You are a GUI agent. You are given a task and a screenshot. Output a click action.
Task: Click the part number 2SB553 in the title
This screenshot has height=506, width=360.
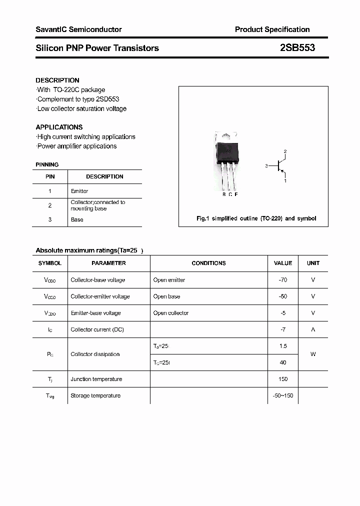pos(297,48)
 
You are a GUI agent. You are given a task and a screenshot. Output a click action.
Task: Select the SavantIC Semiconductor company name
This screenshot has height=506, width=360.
pos(78,29)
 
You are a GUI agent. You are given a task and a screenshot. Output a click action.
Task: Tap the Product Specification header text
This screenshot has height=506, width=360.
pos(272,29)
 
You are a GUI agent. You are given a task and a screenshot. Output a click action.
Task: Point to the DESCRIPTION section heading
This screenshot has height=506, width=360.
pos(57,80)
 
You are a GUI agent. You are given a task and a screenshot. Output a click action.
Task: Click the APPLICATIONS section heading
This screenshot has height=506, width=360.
pos(59,127)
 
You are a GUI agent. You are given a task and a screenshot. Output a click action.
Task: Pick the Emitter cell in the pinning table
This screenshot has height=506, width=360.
pos(79,191)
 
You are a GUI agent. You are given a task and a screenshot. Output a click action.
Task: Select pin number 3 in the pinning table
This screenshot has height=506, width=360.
pos(50,219)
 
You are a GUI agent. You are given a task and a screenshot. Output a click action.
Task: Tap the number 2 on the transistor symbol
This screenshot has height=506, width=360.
pos(285,151)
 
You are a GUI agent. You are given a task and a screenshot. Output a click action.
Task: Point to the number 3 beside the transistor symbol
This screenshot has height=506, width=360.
pos(267,165)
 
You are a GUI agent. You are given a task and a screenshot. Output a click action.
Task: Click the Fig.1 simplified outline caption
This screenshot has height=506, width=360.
pos(255,218)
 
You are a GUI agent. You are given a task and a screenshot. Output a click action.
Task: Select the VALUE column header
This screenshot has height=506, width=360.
pos(283,263)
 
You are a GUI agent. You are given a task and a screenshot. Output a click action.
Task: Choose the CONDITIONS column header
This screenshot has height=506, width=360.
pos(208,263)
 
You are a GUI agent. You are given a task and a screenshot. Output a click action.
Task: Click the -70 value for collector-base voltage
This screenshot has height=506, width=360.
pos(283,280)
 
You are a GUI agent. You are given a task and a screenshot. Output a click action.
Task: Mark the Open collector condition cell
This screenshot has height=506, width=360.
pos(171,313)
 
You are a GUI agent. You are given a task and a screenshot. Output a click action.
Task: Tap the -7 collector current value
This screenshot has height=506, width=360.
pos(283,329)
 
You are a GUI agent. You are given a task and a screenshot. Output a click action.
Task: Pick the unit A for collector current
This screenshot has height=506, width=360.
pos(313,329)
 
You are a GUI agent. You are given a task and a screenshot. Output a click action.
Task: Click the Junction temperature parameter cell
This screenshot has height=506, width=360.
pos(96,379)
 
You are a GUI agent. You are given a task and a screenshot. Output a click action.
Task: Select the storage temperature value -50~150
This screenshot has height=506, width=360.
pos(283,395)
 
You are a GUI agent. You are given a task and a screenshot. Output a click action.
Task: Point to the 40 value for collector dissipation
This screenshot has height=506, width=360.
pos(283,362)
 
